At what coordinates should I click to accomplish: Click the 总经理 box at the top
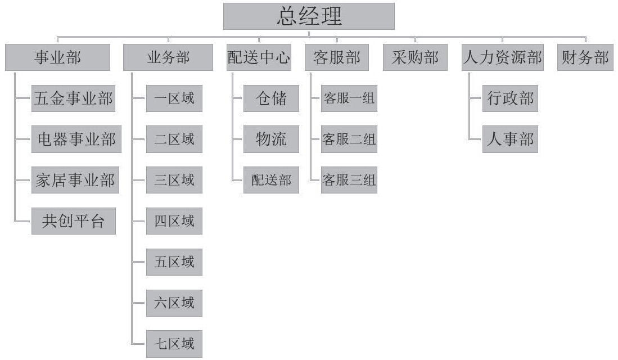[308, 16]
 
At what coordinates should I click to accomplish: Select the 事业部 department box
[57, 57]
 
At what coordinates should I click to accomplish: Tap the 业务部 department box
[168, 57]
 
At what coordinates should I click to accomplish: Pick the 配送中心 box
[259, 57]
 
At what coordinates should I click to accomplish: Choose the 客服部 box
[337, 57]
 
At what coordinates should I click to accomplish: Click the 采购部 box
[415, 57]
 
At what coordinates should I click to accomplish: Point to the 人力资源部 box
[503, 57]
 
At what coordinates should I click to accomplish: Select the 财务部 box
[585, 57]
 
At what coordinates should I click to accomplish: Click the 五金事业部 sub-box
[74, 99]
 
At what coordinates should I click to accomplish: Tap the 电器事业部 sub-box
[76, 139]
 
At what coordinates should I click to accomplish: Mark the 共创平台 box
[74, 221]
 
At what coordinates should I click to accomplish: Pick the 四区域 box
[174, 221]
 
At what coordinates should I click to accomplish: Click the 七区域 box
[174, 343]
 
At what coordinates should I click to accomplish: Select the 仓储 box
[271, 99]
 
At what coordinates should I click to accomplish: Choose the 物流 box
[271, 139]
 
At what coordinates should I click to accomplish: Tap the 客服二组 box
[349, 139]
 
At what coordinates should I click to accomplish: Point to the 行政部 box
[510, 99]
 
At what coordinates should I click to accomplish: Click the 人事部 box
[510, 139]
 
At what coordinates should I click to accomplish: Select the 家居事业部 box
[75, 180]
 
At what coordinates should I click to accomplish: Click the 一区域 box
[174, 99]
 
